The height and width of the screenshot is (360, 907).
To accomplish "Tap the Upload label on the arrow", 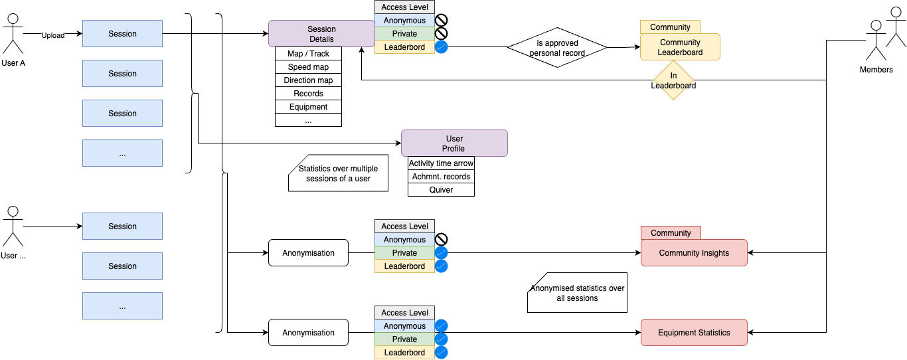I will tap(53, 35).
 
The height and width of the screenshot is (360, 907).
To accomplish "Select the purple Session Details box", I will tap(321, 34).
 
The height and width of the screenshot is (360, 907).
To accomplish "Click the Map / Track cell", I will tap(308, 54).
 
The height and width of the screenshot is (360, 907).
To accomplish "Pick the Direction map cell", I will tap(308, 80).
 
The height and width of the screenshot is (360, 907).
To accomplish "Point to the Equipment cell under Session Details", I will tap(308, 107).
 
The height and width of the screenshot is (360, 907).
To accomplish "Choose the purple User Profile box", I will tap(454, 143).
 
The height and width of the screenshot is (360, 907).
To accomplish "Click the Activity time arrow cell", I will tap(441, 163).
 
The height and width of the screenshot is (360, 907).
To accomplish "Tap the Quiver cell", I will tap(441, 190).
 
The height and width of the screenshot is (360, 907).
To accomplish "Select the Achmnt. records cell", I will tap(441, 177).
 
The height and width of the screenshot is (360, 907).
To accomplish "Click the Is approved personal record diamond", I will tap(557, 47).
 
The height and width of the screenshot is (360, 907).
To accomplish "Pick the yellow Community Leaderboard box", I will tap(680, 47).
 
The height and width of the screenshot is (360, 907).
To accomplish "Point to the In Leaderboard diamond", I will tap(673, 80).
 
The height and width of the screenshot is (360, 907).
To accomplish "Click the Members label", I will tap(876, 70).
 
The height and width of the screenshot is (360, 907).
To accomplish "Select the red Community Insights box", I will tap(694, 253).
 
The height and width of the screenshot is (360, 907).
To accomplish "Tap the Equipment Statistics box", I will tap(694, 333).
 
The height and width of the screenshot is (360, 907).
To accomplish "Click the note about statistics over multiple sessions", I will tap(338, 174).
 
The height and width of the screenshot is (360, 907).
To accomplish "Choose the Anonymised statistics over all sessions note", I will tap(577, 293).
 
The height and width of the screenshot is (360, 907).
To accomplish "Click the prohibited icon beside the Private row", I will tap(441, 34).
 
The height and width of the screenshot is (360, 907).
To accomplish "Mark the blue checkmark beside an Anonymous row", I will tap(441, 326).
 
